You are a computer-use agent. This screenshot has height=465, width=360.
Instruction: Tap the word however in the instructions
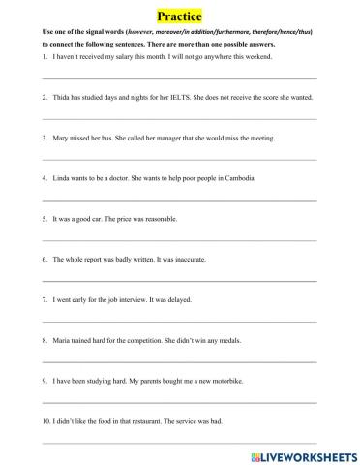[x=139, y=32]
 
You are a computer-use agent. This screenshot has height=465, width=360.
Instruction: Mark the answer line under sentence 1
[x=179, y=77]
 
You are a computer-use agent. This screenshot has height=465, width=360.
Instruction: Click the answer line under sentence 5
[x=179, y=239]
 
